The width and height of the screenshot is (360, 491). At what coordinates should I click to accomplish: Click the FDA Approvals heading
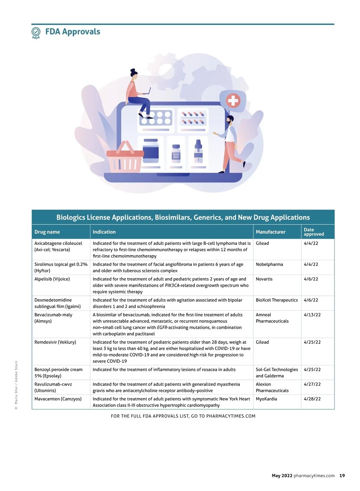point(73,32)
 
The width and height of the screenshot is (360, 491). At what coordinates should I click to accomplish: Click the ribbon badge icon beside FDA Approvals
point(36,33)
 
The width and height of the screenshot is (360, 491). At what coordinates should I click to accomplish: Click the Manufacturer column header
point(271,232)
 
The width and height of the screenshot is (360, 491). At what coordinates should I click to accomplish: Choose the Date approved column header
point(314,232)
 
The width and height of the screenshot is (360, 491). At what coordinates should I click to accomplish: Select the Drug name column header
point(47,232)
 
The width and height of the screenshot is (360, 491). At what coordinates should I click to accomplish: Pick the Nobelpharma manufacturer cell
point(269,264)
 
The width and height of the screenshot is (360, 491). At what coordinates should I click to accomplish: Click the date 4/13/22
point(312,315)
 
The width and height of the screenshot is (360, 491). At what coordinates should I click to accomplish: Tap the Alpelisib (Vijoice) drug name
point(52,279)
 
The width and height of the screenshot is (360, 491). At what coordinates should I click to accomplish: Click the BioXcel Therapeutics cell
point(277,300)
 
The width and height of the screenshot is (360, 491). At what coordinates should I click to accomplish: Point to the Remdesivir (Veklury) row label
point(55,342)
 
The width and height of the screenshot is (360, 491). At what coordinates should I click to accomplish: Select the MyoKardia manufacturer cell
point(266,399)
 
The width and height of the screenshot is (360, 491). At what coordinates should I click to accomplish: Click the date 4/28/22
point(312,399)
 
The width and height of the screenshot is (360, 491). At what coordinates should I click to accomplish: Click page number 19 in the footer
point(342,475)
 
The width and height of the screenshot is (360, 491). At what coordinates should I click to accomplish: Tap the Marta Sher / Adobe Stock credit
point(16,385)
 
